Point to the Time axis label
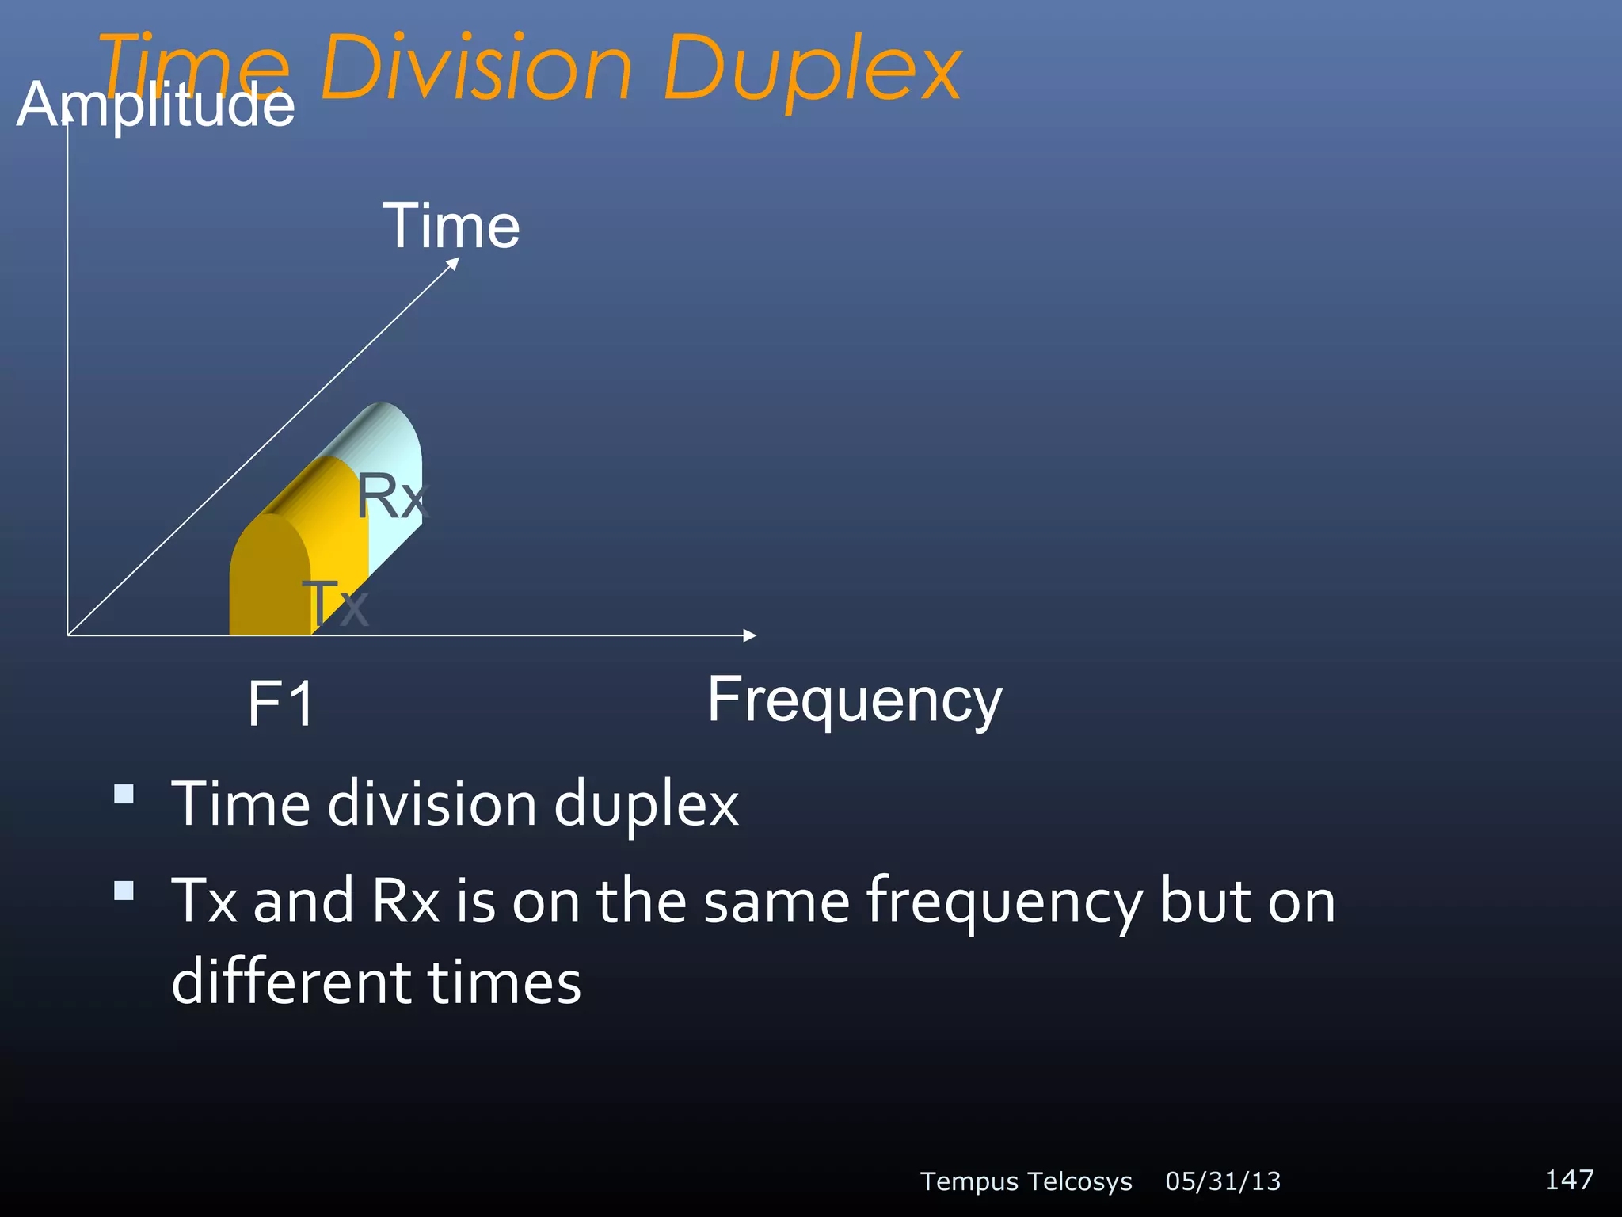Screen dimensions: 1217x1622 point(451,226)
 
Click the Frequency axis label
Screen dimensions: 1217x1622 point(855,700)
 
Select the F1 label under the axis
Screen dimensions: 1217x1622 point(281,704)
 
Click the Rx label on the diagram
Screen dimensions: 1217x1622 point(391,497)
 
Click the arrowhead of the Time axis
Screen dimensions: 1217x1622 point(453,264)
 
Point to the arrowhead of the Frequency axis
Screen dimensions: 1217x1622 point(750,635)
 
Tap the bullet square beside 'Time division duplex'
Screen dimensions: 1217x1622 point(124,794)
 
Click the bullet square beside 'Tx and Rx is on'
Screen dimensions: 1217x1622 point(124,891)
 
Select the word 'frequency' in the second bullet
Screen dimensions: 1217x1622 point(1004,903)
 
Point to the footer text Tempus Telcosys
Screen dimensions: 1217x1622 point(1026,1181)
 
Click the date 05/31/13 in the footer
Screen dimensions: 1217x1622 point(1223,1181)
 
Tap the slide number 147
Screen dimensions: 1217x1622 point(1569,1179)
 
